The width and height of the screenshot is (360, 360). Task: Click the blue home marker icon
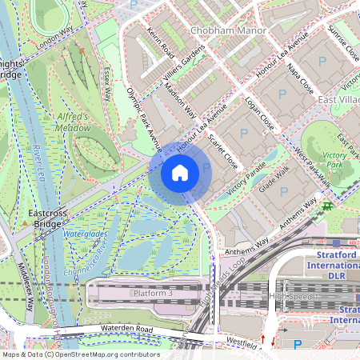point(180,172)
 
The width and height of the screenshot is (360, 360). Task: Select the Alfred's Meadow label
point(73,121)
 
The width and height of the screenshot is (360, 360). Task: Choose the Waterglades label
point(84,234)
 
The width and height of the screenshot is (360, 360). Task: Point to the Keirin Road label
point(161,45)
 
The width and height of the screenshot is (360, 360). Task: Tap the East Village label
point(337,99)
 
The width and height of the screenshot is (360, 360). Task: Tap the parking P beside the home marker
point(206,167)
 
